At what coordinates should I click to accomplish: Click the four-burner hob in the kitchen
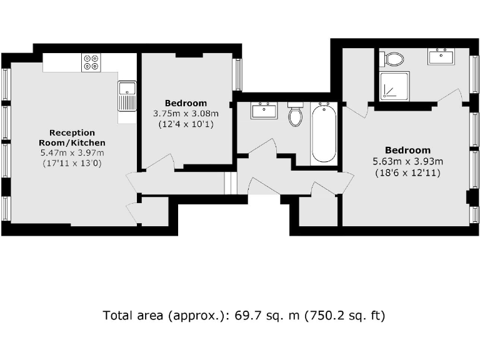pyautogui.click(x=91, y=62)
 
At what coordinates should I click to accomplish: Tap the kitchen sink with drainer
pyautogui.click(x=127, y=96)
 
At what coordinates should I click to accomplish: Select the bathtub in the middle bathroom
pyautogui.click(x=324, y=133)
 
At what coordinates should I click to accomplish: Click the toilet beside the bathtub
pyautogui.click(x=295, y=115)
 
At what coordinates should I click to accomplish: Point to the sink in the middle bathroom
pyautogui.click(x=264, y=111)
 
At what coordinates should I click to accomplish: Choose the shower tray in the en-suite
pyautogui.click(x=394, y=86)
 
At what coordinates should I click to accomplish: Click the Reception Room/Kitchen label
pyautogui.click(x=72, y=137)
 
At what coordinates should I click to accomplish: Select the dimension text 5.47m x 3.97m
pyautogui.click(x=72, y=153)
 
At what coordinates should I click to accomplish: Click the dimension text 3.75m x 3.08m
pyautogui.click(x=186, y=114)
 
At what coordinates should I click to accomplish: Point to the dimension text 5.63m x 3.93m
pyautogui.click(x=407, y=161)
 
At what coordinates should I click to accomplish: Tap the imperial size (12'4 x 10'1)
pyautogui.click(x=186, y=124)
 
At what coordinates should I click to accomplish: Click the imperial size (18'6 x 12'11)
pyautogui.click(x=407, y=172)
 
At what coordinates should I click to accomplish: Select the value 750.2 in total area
pyautogui.click(x=323, y=316)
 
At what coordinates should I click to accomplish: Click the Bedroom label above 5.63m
pyautogui.click(x=407, y=150)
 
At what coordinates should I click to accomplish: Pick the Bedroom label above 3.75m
pyautogui.click(x=186, y=103)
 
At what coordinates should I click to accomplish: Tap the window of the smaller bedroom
pyautogui.click(x=237, y=74)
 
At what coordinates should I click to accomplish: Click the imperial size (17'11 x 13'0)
pyautogui.click(x=72, y=163)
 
